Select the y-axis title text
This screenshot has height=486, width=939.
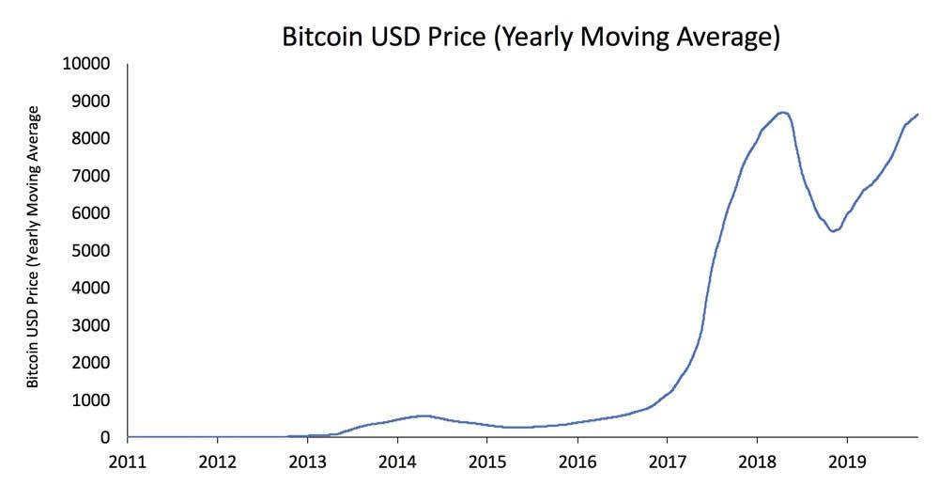coord(33,247)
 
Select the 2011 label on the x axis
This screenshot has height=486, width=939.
coord(128,462)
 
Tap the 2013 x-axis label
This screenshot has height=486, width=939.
coord(307,462)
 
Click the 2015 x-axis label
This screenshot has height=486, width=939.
coord(486,462)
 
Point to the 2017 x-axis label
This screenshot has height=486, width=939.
coord(667,462)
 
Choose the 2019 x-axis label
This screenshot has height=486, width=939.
coord(846,462)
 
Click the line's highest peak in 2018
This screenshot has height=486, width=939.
coord(783,112)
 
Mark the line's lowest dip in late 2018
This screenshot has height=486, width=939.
coord(833,230)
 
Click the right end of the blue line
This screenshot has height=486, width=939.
coord(917,115)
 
